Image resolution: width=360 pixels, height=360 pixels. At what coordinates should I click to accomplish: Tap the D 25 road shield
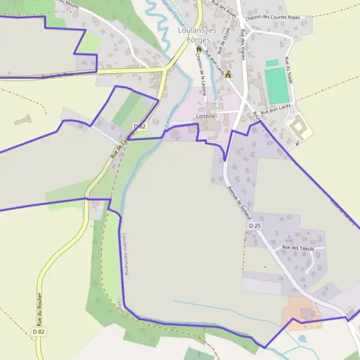click(x=255, y=226)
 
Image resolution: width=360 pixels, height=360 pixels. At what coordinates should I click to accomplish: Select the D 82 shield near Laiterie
click(x=140, y=126)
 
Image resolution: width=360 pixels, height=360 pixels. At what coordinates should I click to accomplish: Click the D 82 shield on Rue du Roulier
click(x=39, y=331)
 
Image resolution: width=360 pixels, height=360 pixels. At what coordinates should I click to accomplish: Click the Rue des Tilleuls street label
click(x=298, y=248)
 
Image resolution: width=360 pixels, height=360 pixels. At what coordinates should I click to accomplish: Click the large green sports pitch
click(x=277, y=86)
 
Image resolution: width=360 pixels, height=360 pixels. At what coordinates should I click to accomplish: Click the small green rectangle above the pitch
click(x=272, y=62)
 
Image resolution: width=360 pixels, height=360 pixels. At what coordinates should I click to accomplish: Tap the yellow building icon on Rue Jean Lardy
click(x=228, y=74)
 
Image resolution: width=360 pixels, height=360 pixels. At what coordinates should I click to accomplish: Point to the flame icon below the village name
click(x=199, y=49)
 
